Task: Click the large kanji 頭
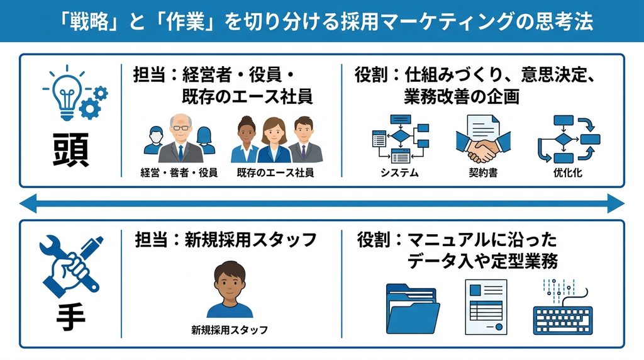pos(70,150)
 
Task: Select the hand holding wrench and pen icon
pos(70,265)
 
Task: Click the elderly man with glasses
pos(180,139)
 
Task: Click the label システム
pos(399,173)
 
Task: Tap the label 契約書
pos(483,173)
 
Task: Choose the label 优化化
pos(568,173)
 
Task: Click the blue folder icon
pos(413,309)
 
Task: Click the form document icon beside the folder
pos(486,307)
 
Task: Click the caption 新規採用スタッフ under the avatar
pos(230,330)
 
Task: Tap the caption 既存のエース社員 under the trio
pos(275,173)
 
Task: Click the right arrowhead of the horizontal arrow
pos(616,203)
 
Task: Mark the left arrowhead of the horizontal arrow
pos(28,203)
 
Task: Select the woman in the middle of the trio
pos(274,140)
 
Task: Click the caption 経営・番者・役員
pos(179,173)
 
